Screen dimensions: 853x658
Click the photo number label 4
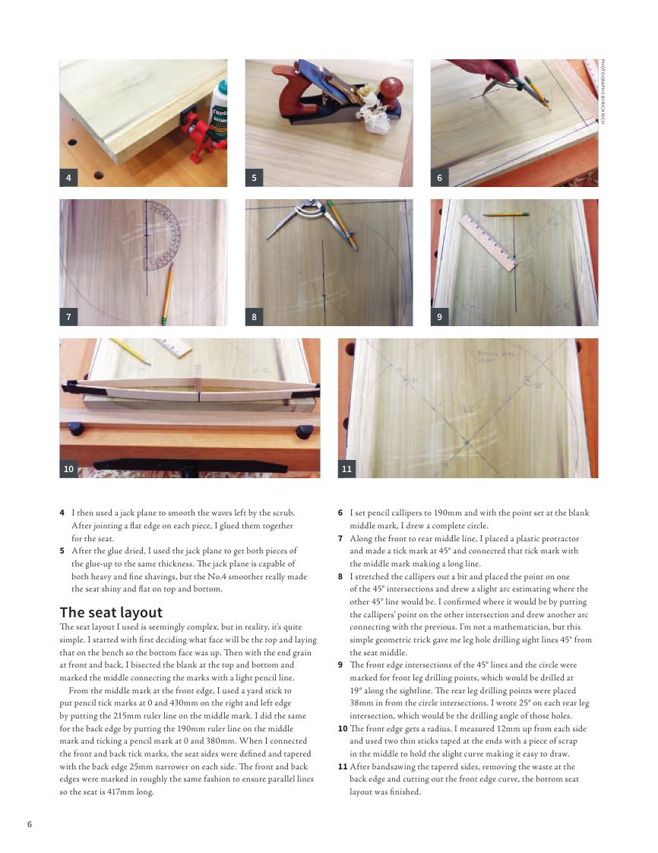point(68,178)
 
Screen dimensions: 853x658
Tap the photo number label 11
point(346,469)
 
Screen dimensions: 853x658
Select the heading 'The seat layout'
point(111,612)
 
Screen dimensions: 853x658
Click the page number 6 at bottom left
point(30,824)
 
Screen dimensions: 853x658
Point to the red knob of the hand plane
point(391,88)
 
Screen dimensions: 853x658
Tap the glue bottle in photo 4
point(219,114)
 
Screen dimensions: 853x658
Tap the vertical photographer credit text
point(603,92)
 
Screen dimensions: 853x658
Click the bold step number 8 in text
point(340,576)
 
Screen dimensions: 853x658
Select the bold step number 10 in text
point(342,728)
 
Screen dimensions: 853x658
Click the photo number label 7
point(68,317)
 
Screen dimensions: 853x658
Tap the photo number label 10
point(68,469)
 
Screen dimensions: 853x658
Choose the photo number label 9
point(439,317)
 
